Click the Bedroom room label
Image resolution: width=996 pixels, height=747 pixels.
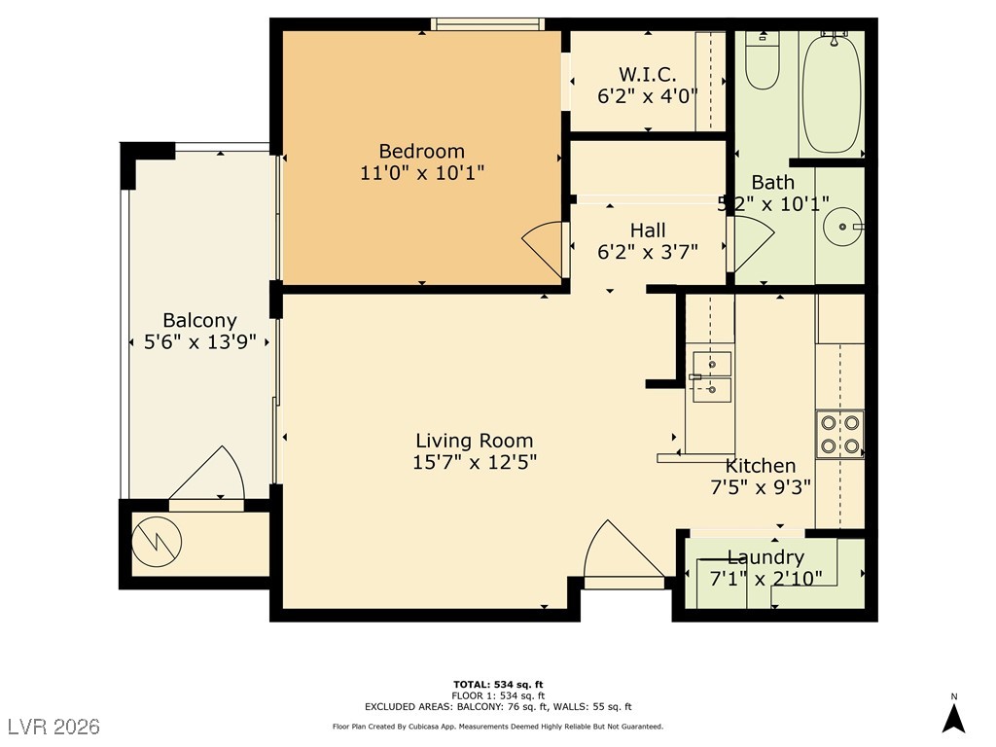[422, 151]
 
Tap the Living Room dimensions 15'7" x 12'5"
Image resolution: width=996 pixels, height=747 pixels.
[475, 462]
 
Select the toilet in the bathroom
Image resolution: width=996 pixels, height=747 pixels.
[762, 60]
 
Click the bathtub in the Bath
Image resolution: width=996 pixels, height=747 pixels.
[832, 92]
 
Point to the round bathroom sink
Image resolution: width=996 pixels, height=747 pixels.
[843, 226]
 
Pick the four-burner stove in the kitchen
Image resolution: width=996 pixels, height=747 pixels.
[839, 434]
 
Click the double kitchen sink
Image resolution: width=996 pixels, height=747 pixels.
[711, 377]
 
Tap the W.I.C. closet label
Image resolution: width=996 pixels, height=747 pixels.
[647, 74]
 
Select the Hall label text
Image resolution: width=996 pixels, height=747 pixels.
[648, 230]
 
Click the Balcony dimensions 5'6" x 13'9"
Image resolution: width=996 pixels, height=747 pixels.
[200, 342]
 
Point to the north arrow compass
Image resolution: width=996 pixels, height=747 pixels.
[953, 717]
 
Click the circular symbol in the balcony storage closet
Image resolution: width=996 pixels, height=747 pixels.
[157, 542]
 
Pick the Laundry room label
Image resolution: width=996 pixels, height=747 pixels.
[765, 557]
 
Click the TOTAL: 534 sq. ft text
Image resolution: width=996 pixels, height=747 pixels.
[498, 684]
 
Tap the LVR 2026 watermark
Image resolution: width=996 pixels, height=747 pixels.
[54, 727]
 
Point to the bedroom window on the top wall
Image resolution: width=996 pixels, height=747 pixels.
[488, 24]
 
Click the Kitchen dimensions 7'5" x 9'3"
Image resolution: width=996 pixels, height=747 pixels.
[761, 487]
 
